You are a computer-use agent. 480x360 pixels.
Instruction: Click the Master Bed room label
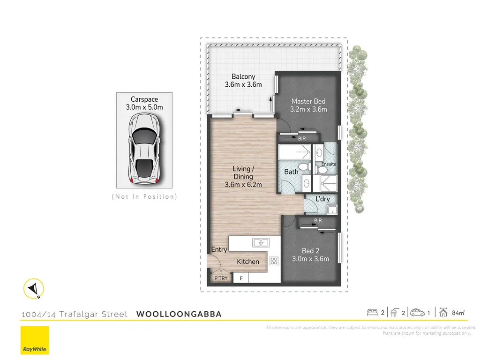coord(308,101)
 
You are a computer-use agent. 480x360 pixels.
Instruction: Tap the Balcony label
coord(243,77)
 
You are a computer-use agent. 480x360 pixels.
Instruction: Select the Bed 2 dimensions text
coord(310,259)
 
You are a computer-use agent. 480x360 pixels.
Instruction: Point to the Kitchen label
coord(248,262)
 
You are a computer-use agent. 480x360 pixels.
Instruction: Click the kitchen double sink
coord(260,242)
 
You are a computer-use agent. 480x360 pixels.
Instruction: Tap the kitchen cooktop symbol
coord(274,261)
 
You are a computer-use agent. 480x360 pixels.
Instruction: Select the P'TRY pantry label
coord(220,278)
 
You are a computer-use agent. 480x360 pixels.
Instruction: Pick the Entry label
coord(219,250)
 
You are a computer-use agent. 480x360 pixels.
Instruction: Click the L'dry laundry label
coord(322,199)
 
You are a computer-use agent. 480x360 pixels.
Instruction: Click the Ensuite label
coord(329,164)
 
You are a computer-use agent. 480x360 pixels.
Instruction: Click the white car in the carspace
coord(145,150)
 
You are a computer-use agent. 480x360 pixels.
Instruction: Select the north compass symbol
coord(34,288)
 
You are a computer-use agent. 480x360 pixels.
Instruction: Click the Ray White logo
coord(34,340)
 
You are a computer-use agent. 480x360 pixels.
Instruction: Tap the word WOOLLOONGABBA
coord(179,314)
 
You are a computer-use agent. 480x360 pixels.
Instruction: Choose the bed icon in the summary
coord(372,312)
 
